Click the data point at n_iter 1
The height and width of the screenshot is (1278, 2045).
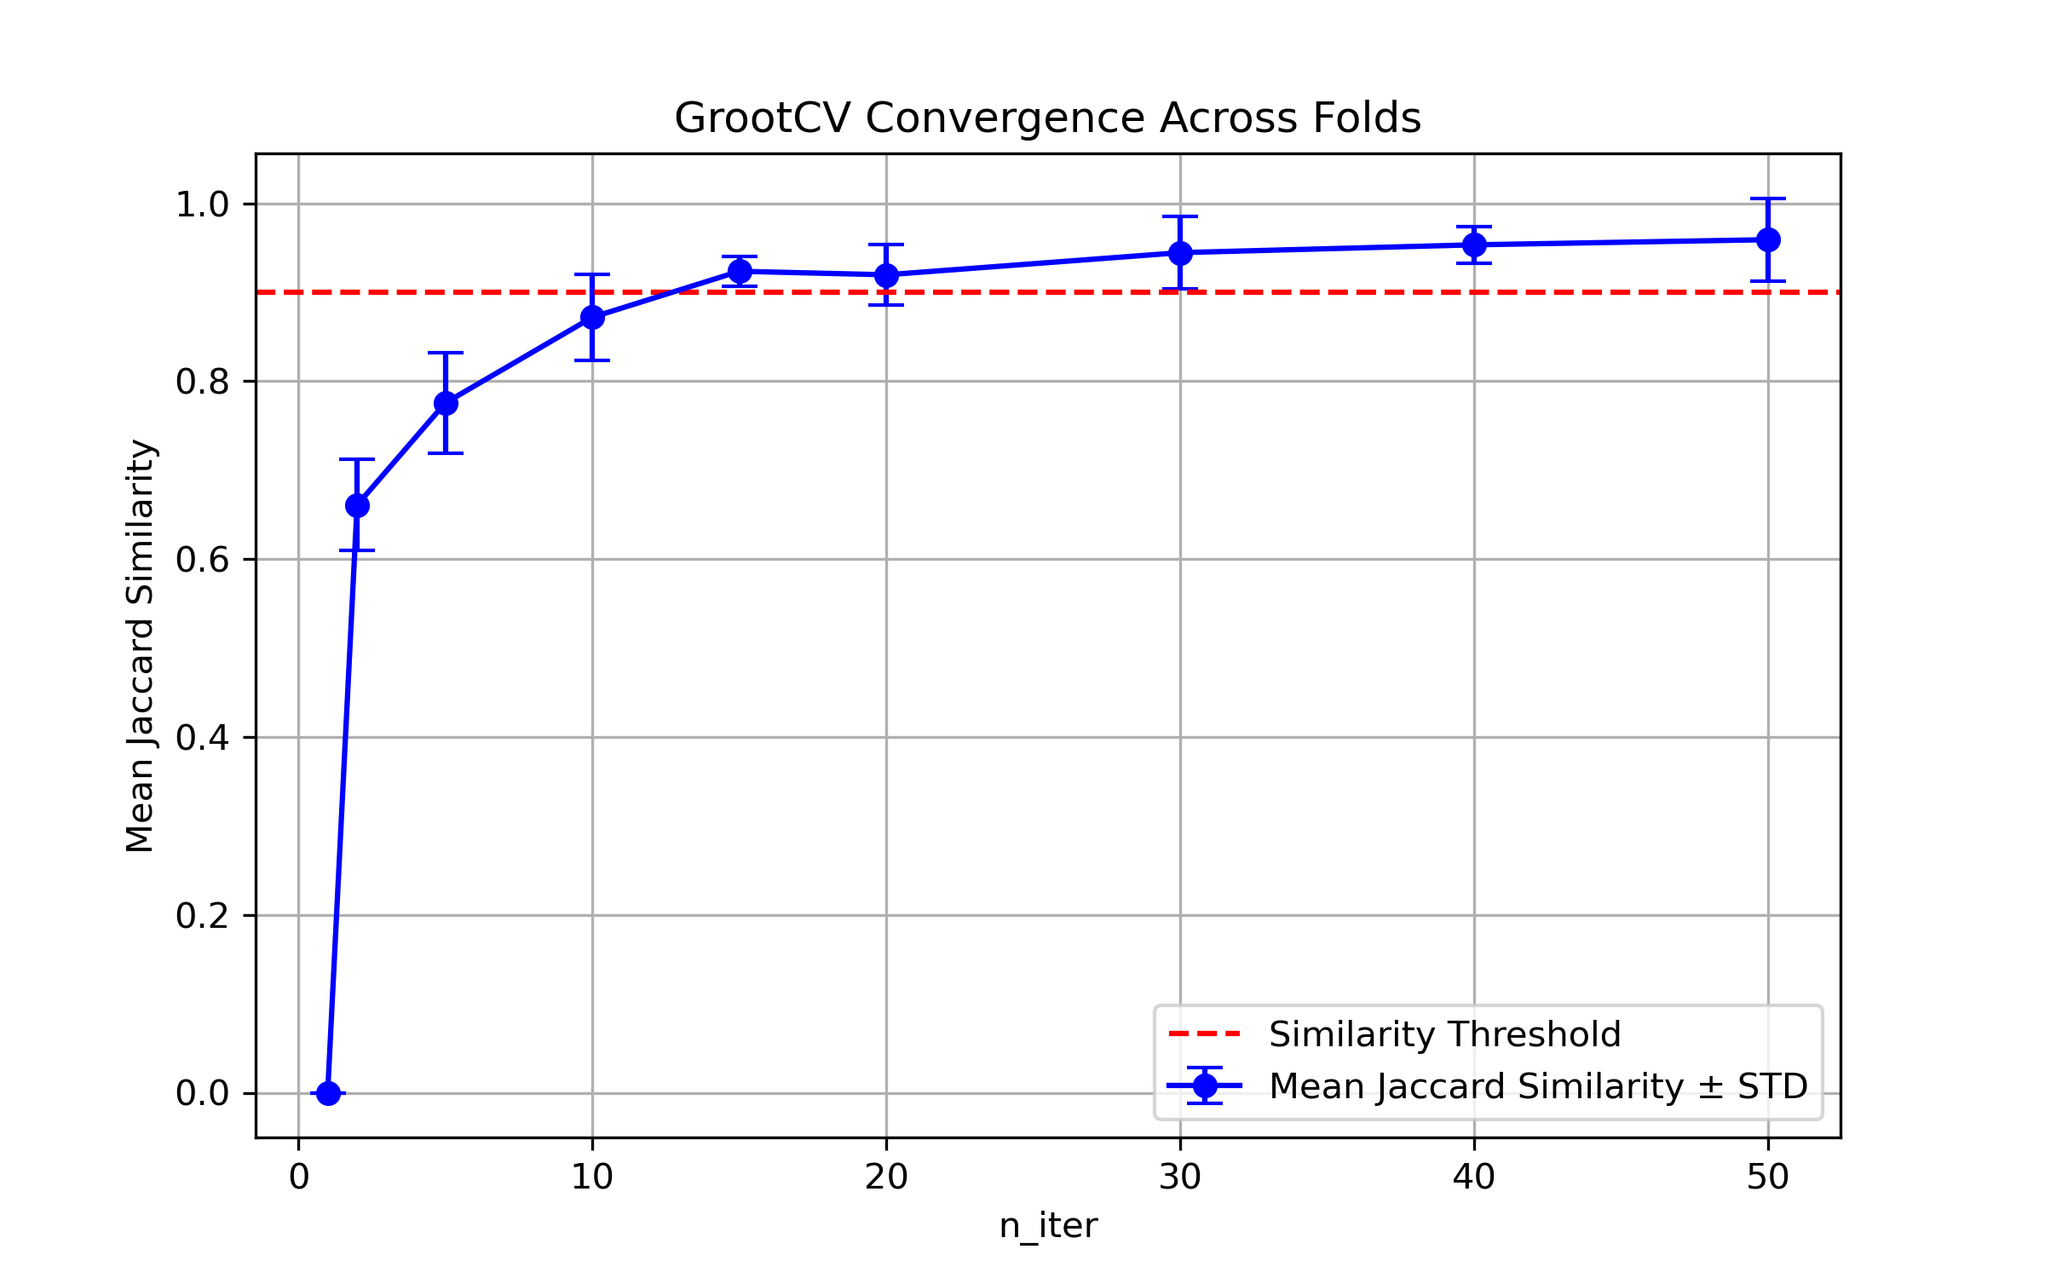(328, 1093)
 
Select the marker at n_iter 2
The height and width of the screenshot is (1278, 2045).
(357, 506)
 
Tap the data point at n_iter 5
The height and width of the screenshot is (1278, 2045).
(446, 403)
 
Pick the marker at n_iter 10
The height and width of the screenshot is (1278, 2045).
(592, 318)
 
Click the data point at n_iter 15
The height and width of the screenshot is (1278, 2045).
(740, 272)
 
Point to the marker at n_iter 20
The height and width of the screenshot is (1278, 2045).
(886, 275)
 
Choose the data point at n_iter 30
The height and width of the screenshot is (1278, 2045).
(1180, 253)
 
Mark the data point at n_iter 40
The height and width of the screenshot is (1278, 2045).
(1474, 245)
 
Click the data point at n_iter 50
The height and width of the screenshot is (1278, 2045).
(1768, 240)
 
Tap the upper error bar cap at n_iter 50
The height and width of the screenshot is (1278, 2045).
(1768, 199)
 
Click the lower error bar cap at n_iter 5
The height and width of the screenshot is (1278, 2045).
(446, 453)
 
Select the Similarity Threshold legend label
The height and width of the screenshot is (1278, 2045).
(1444, 1034)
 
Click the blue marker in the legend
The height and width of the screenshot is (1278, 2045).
(1205, 1085)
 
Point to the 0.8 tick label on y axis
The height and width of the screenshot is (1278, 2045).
(202, 382)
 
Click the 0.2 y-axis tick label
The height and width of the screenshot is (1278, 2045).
(202, 916)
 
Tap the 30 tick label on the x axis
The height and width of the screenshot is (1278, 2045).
(1180, 1177)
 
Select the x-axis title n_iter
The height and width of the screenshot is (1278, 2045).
(1048, 1226)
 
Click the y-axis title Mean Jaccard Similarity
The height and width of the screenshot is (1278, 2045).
(140, 646)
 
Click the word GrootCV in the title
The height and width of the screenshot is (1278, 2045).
(762, 118)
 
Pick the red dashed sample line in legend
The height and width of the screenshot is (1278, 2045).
(1205, 1034)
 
